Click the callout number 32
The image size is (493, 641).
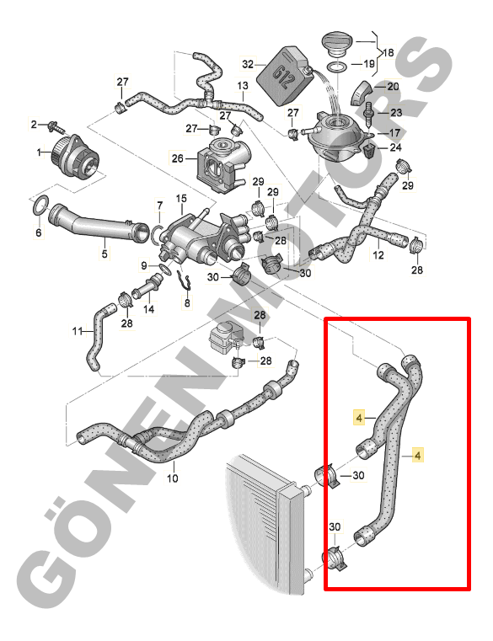248,64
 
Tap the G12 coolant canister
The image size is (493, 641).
283,76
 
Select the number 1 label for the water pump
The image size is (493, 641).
40,152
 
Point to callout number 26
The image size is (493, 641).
177,158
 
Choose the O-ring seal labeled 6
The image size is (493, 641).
40,206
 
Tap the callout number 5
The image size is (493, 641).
104,254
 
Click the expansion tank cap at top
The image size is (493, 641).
338,45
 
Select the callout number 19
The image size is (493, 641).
368,64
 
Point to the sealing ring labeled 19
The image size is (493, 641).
336,67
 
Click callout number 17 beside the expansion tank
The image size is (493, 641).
394,133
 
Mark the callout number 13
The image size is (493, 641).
243,86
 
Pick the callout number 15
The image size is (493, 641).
181,199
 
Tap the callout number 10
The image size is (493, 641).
172,478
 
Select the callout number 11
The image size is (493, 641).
78,331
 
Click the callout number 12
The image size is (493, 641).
378,254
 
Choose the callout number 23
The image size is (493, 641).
396,112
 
